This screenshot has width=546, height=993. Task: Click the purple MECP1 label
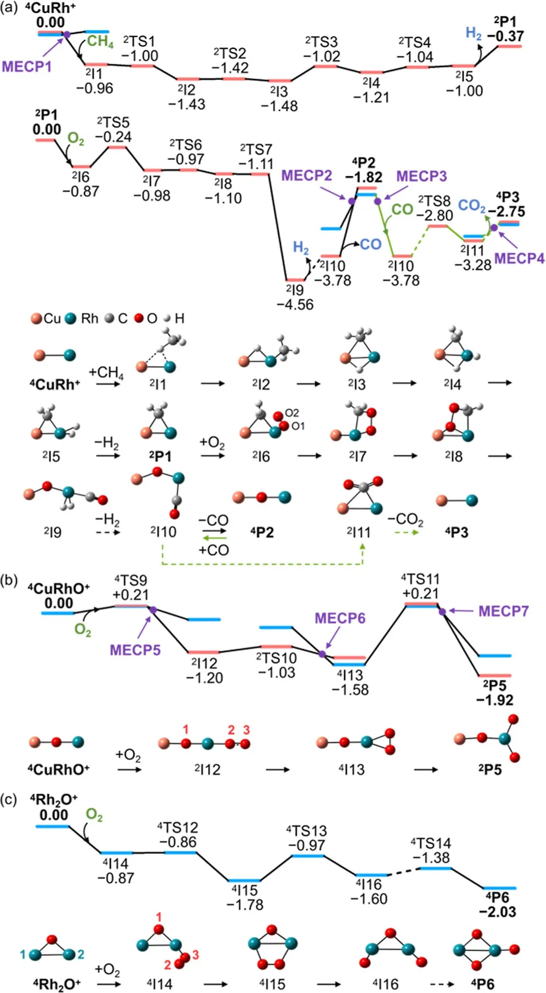pyautogui.click(x=27, y=66)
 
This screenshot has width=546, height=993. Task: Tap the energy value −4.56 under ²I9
pyautogui.click(x=295, y=304)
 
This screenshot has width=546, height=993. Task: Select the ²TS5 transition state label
pyautogui.click(x=113, y=122)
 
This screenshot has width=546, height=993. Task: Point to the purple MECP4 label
pyautogui.click(x=519, y=258)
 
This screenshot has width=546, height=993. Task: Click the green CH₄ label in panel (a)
pyautogui.click(x=100, y=42)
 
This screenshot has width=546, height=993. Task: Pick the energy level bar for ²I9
pyautogui.click(x=295, y=280)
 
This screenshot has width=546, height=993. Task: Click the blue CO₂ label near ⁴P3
pyautogui.click(x=471, y=206)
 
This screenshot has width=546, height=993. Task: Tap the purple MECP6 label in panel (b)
pyautogui.click(x=340, y=618)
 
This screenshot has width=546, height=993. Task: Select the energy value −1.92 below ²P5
pyautogui.click(x=494, y=700)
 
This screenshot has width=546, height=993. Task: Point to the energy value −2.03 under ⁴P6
pyautogui.click(x=497, y=912)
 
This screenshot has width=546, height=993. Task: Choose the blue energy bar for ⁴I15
pyautogui.click(x=244, y=880)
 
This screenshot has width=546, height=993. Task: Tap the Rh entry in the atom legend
pyautogui.click(x=82, y=318)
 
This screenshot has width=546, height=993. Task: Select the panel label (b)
pyautogui.click(x=10, y=581)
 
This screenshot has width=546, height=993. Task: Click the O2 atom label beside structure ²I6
pyautogui.click(x=292, y=412)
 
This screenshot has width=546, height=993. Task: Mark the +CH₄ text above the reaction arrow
pyautogui.click(x=106, y=372)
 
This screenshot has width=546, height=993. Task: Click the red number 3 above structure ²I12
pyautogui.click(x=246, y=730)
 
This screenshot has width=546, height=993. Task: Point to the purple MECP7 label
pyautogui.click(x=503, y=611)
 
